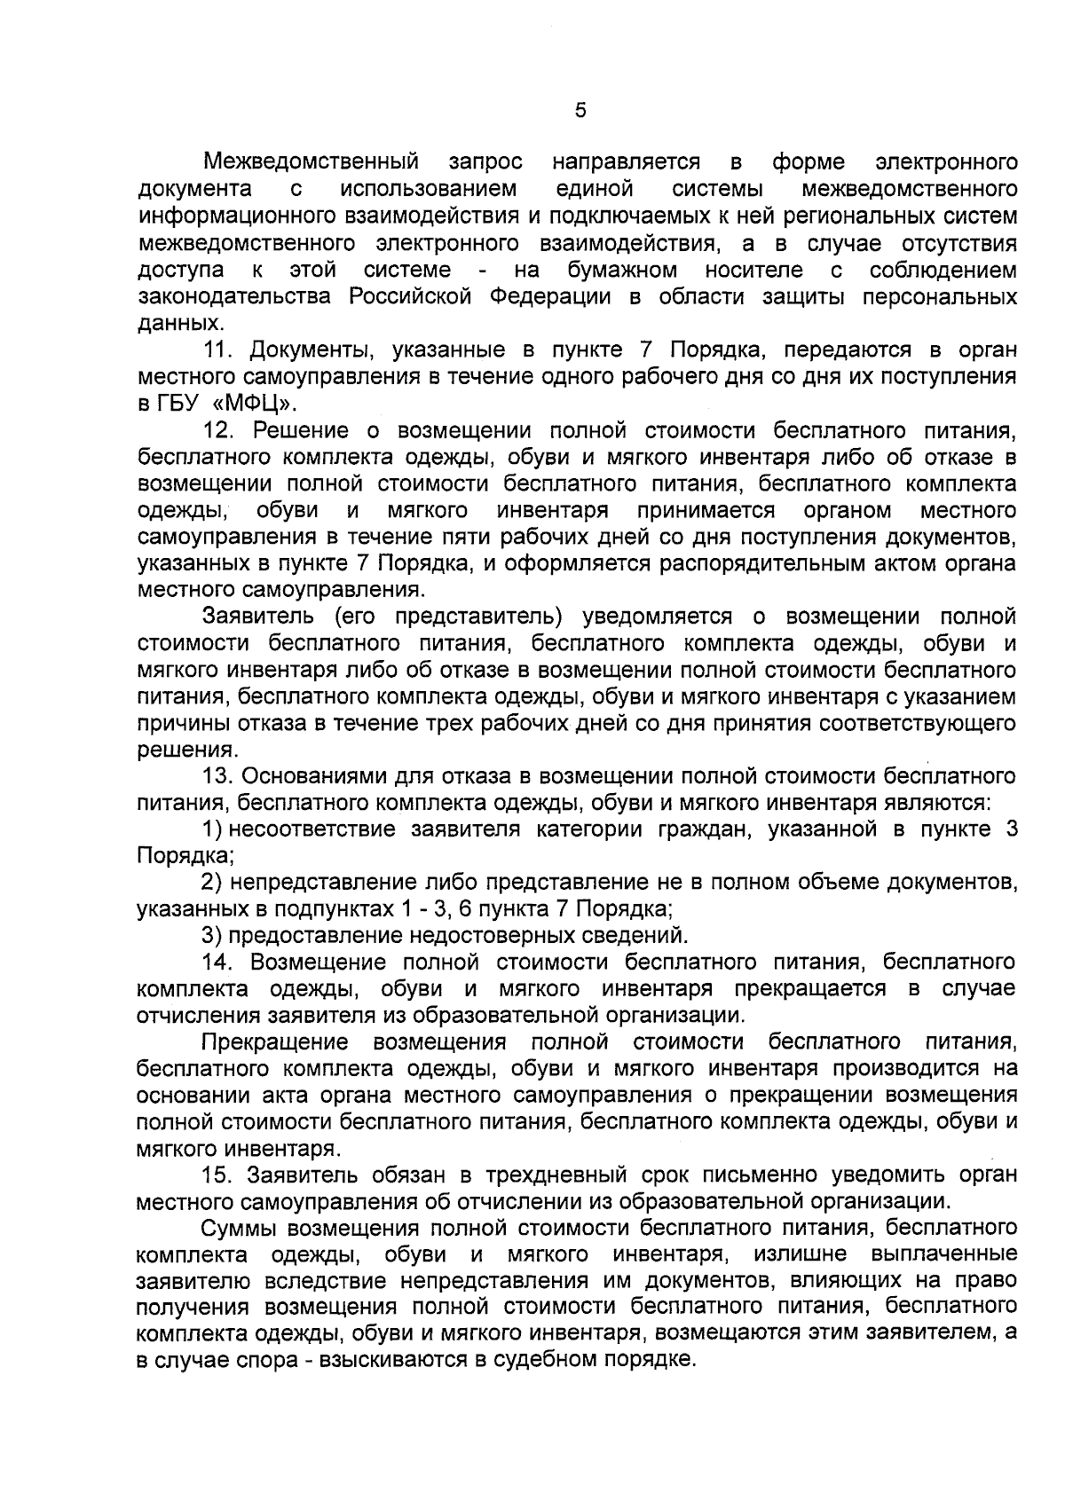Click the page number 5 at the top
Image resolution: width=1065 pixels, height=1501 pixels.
click(x=580, y=110)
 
